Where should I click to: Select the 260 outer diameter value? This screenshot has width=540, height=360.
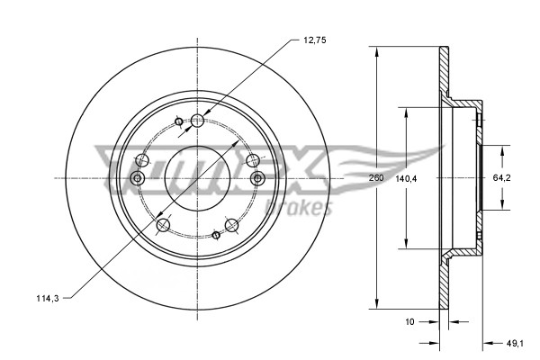pos(376,178)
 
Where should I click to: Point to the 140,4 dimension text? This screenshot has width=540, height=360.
pos(408,178)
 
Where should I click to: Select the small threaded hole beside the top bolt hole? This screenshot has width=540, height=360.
pos(178,122)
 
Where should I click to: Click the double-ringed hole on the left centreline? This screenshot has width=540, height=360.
pos(137,178)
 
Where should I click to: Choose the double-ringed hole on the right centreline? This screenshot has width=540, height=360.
pos(257,178)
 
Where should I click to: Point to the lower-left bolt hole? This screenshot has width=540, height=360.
pos(163,223)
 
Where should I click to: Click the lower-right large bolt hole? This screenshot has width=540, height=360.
pos(231,223)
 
